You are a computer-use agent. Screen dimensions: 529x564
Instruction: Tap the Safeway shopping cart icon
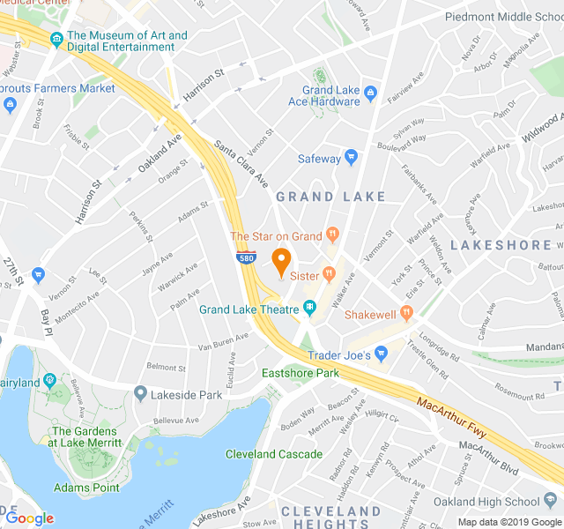pos(352,159)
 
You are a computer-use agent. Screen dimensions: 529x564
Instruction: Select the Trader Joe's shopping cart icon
pos(381,354)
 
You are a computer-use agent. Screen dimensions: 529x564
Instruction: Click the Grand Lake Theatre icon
pos(310,308)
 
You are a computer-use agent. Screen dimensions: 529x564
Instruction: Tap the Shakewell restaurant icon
pos(406,313)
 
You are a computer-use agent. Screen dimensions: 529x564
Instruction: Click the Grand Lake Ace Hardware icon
pos(370,91)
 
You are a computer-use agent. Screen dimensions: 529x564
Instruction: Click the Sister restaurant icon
pos(329,274)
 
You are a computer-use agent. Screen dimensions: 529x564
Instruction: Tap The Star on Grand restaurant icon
pos(332,235)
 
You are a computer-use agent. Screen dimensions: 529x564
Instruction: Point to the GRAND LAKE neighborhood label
pos(330,197)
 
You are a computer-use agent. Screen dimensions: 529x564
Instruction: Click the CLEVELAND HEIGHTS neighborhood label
pos(330,518)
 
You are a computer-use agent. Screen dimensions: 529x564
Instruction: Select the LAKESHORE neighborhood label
pos(501,245)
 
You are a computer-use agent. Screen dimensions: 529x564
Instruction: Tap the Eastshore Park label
pos(301,374)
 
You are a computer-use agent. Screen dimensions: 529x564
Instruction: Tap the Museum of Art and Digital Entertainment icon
pos(56,39)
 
